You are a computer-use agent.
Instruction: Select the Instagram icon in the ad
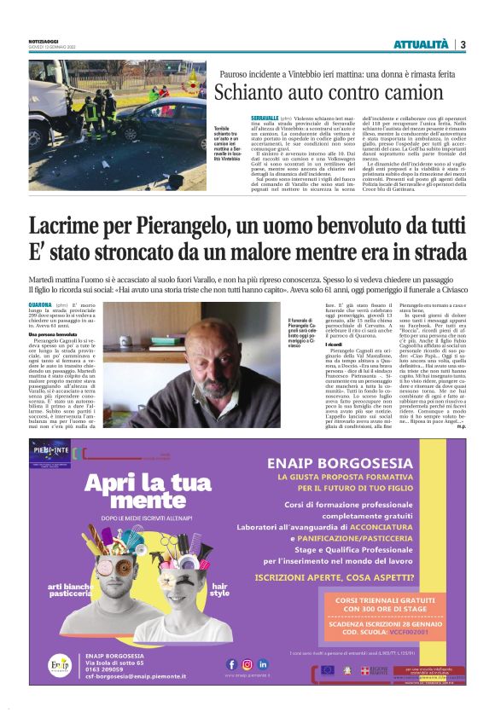pyautogui.click(x=247, y=663)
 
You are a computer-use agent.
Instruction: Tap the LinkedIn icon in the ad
pyautogui.click(x=263, y=663)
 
